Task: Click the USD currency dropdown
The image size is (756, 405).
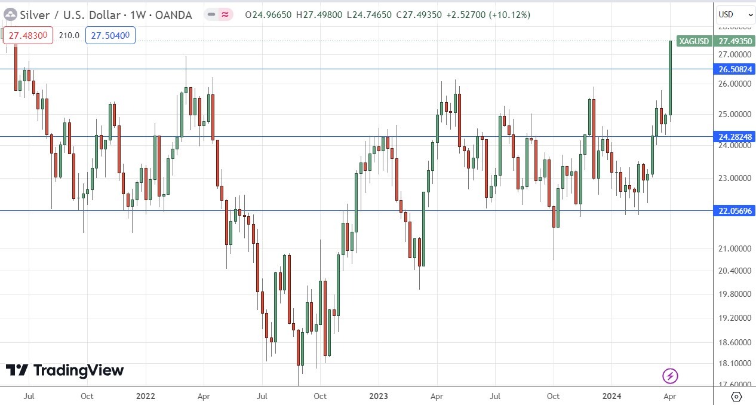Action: click(x=735, y=14)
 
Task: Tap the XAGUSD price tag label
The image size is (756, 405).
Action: click(x=693, y=41)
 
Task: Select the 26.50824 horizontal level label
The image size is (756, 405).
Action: click(x=734, y=69)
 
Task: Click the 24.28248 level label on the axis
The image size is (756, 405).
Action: click(x=734, y=137)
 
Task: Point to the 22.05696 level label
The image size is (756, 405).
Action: click(x=734, y=210)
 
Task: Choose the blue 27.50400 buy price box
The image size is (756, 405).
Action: click(x=110, y=35)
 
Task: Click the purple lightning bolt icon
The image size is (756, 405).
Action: click(x=670, y=376)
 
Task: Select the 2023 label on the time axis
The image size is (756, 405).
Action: click(x=378, y=396)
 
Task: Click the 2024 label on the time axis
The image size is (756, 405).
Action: click(x=611, y=396)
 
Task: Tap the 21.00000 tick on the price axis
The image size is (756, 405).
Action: click(x=734, y=248)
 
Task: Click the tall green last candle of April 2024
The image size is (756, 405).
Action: click(x=670, y=78)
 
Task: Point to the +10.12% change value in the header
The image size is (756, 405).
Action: click(x=509, y=15)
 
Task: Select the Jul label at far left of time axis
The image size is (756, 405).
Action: click(x=29, y=396)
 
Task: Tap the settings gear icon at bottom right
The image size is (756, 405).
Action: click(x=736, y=397)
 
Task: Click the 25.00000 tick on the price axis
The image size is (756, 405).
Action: click(x=734, y=114)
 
